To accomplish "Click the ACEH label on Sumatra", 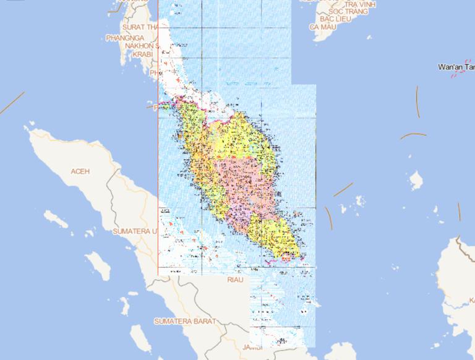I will click(x=81, y=171).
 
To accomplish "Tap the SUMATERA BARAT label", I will click(x=185, y=322).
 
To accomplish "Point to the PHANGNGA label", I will click(x=125, y=38).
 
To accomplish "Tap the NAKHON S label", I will click(x=142, y=46).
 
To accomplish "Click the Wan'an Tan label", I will click(x=455, y=66).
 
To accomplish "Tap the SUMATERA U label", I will click(x=135, y=231).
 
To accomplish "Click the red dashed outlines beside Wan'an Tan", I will click(x=459, y=74).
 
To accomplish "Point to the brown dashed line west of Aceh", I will click(x=12, y=103).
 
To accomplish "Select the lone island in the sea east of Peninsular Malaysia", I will click(x=416, y=180).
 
